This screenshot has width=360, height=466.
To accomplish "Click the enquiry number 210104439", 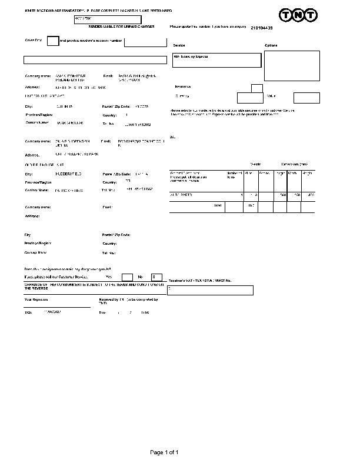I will tap(262, 28).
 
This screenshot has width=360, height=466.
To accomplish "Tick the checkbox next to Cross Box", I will tap(52, 41).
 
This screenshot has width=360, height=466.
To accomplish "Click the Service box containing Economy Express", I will tap(216, 60).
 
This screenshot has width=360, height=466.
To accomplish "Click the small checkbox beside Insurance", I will tap(256, 88).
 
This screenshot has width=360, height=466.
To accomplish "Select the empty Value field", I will tap(306, 98).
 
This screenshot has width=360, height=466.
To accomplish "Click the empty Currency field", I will tap(250, 98).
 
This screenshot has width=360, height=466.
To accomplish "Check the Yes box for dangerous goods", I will tap(127, 277).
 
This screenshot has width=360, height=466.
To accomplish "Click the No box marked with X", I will tap(156, 277).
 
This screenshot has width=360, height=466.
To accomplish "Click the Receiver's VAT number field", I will tap(210, 290).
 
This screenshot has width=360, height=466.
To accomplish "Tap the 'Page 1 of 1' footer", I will tap(164, 452).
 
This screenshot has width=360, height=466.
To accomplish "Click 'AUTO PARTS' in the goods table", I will tap(181, 194).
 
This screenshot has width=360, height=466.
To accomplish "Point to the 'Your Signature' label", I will tap(36, 299).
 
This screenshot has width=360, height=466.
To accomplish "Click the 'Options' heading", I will tap(271, 45).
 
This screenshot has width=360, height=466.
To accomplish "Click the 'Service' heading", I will tap(179, 45).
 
